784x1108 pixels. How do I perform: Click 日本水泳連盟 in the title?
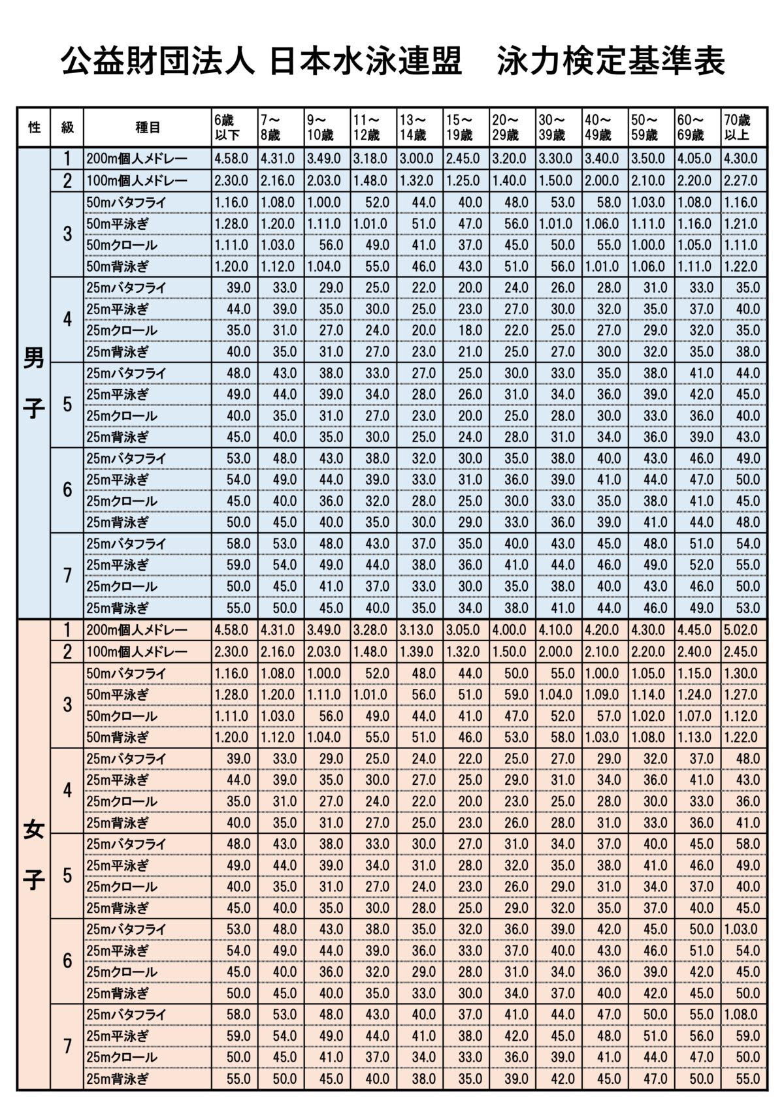point(366,63)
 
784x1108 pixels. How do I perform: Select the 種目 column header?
point(148,128)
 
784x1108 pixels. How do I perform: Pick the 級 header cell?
point(67,128)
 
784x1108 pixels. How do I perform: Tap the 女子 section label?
point(34,855)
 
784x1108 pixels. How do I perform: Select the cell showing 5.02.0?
point(741,630)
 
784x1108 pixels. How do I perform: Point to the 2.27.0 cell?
point(741,181)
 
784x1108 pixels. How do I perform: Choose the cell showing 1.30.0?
point(741,673)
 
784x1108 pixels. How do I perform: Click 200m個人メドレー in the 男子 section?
point(137,159)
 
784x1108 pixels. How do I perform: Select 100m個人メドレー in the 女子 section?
point(137,652)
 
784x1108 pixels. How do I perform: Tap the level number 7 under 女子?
point(67,1046)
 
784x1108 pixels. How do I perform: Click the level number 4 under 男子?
point(67,320)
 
